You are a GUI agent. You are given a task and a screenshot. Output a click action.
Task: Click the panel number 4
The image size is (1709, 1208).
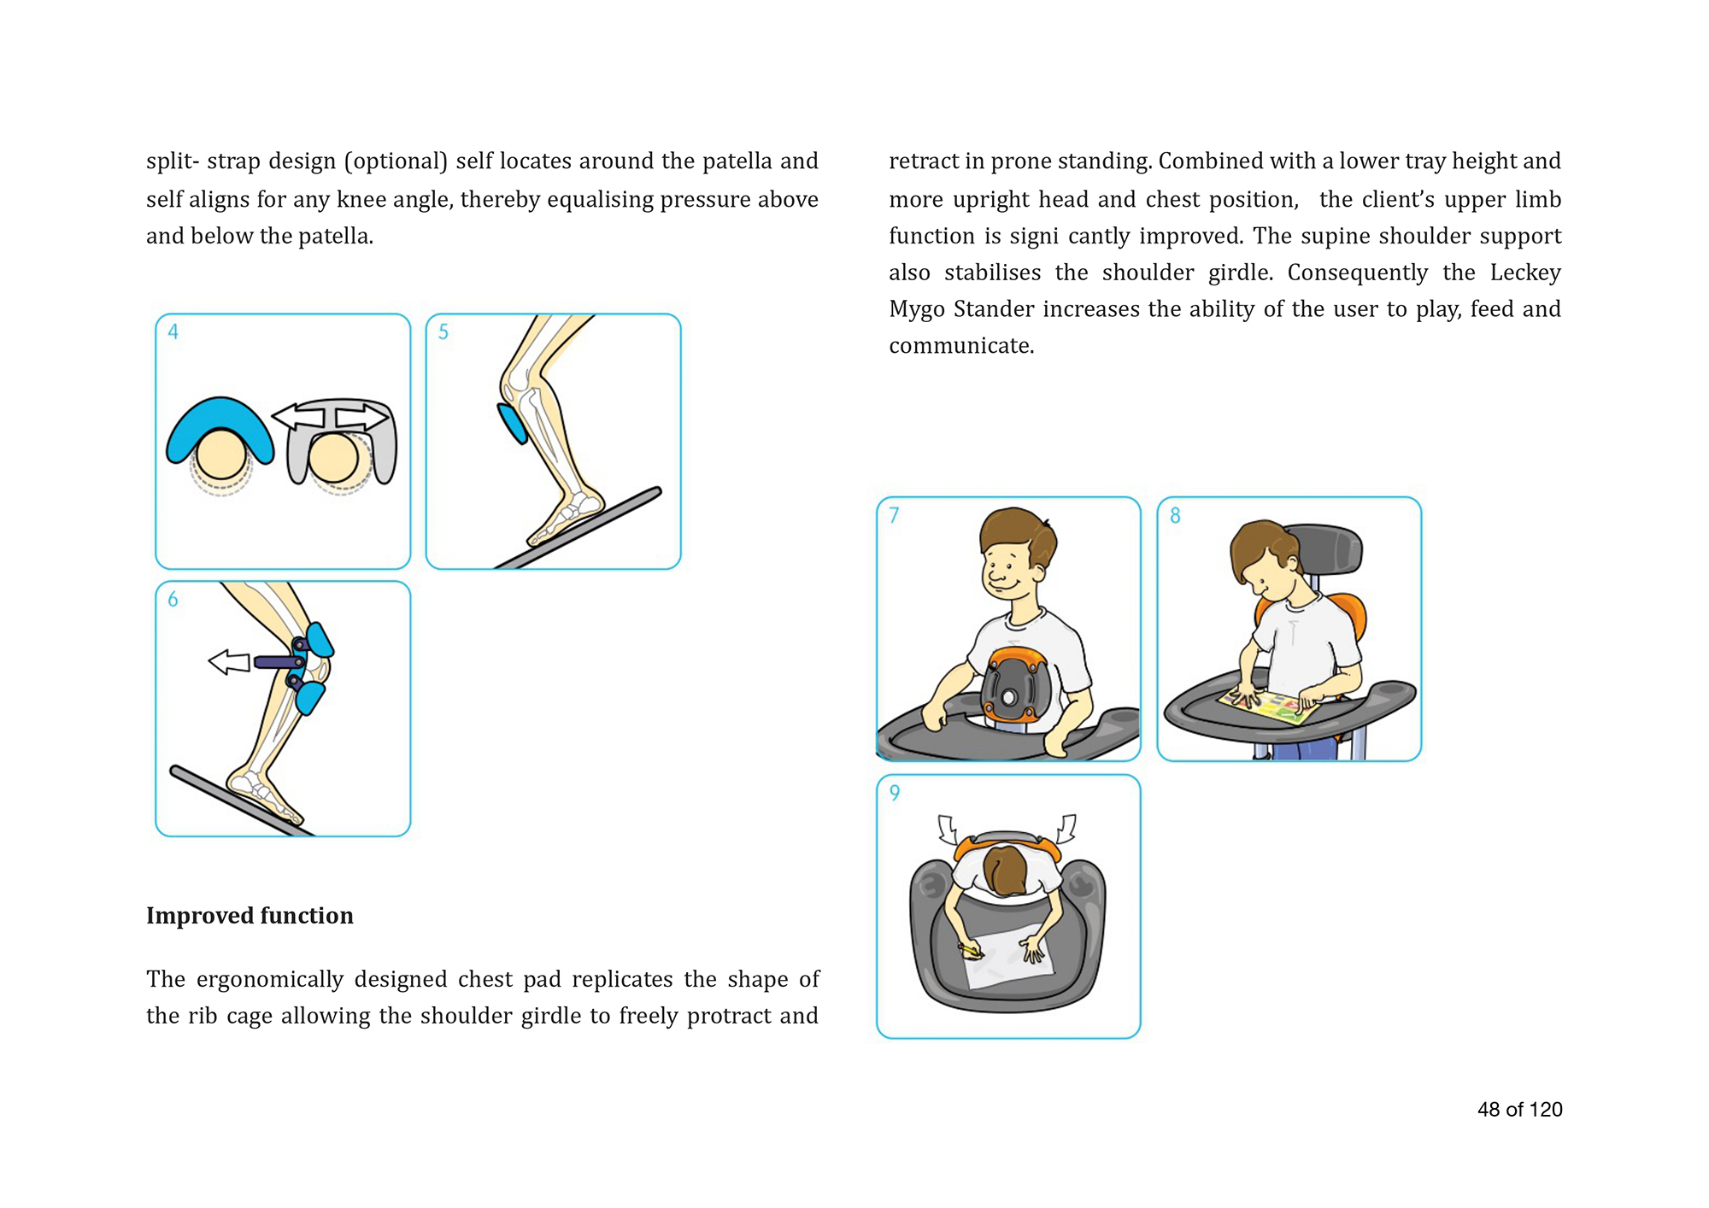pos(173,331)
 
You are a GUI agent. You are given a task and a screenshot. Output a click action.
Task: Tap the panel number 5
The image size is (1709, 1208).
pos(443,331)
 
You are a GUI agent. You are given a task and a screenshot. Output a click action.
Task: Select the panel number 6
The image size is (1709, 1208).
pos(173,600)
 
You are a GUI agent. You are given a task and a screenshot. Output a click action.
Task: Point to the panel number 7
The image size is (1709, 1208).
pos(895,515)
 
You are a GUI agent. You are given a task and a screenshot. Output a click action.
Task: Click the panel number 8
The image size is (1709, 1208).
pos(1176,515)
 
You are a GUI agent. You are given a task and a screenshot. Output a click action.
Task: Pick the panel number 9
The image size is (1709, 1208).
pos(895,793)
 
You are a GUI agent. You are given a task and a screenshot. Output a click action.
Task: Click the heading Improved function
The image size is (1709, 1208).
pos(250,916)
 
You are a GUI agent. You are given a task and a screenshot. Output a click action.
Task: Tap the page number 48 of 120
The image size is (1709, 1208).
pos(1519,1110)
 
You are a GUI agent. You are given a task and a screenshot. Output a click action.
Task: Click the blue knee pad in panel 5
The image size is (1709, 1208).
pos(513,423)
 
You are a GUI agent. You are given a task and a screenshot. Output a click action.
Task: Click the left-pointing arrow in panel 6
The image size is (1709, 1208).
pos(229,661)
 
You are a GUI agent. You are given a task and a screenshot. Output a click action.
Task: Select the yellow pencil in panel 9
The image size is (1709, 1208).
pos(971,951)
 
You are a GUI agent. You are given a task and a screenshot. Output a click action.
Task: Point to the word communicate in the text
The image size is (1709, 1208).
pos(961,346)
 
